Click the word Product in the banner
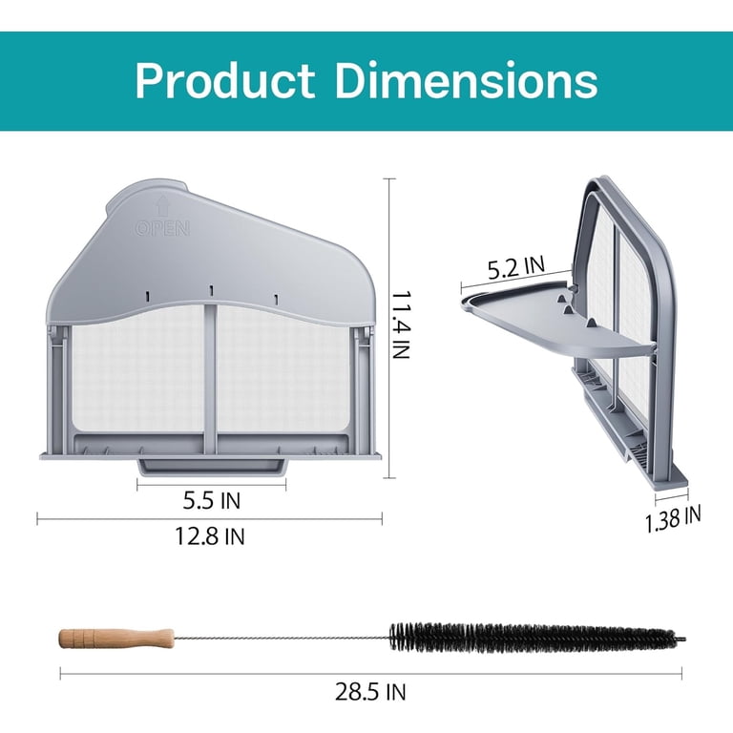point(225,80)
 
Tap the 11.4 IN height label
point(401,325)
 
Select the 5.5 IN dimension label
point(212,501)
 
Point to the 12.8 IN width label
point(210,535)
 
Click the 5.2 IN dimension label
point(516,268)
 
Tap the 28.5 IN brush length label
point(370,691)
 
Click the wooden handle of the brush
point(116,639)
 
